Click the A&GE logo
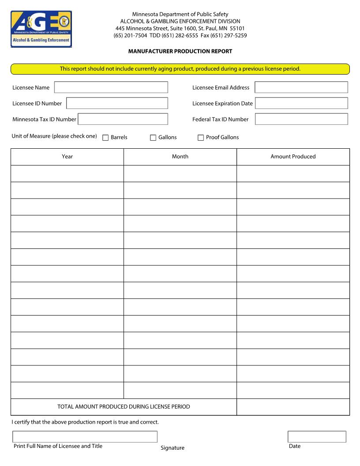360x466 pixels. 41,29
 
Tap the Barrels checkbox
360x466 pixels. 105,138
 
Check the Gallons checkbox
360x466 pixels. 153,138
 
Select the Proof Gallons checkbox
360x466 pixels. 201,138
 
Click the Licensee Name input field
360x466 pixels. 111,87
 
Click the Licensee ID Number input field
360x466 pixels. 117,103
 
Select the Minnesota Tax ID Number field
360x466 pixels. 123,119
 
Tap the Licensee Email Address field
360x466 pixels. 301,87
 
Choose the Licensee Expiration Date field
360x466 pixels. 301,103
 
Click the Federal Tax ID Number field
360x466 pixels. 301,119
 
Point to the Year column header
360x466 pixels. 67,157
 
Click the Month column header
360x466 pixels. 180,157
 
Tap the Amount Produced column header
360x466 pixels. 293,157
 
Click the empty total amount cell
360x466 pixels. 293,407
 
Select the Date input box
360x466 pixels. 317,437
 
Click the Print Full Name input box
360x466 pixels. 85,437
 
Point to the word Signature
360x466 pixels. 172,448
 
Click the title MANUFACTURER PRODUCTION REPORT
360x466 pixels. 180,51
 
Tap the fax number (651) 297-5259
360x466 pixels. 229,36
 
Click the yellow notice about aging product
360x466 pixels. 180,69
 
